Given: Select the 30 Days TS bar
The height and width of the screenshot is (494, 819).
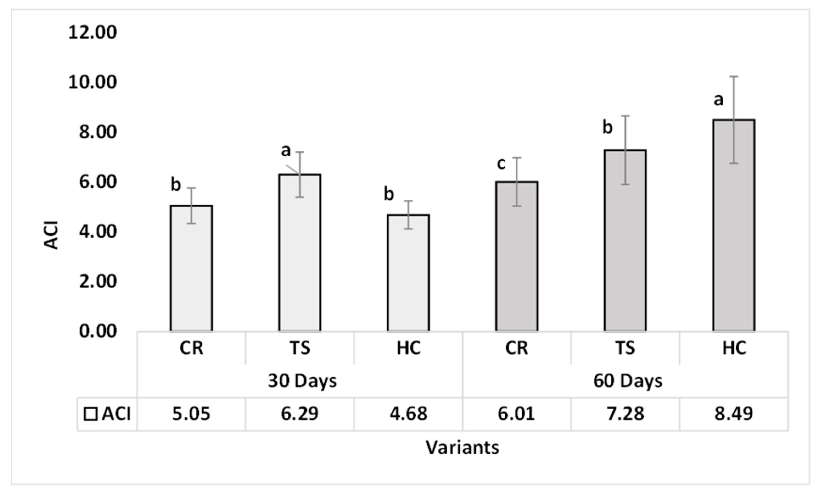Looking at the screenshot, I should coord(299,252).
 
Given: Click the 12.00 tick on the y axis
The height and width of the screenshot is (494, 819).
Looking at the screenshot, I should coord(92,33).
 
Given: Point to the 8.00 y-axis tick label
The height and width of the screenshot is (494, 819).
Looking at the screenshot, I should coord(98,132).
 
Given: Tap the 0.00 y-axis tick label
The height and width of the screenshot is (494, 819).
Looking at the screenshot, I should coord(98,331).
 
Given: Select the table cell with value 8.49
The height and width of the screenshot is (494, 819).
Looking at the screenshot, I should coord(734,414).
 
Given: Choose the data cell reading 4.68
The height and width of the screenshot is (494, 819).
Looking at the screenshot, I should coord(408,414).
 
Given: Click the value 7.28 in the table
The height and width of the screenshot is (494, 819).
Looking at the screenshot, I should coord(625,414).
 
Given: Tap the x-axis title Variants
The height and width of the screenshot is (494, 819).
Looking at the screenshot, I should coord(462,447).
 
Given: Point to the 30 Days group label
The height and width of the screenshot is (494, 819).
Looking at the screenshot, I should coord(302,381).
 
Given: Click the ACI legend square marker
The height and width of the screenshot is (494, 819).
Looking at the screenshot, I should coord(90,414).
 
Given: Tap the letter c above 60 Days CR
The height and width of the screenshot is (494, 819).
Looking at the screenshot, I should coord(501,163).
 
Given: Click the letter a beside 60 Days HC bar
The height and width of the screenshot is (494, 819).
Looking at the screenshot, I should coord(718,99).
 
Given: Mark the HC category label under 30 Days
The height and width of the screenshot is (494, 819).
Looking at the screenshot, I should coord(408,348).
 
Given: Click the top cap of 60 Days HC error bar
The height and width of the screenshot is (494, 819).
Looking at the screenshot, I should coord(734,77).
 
